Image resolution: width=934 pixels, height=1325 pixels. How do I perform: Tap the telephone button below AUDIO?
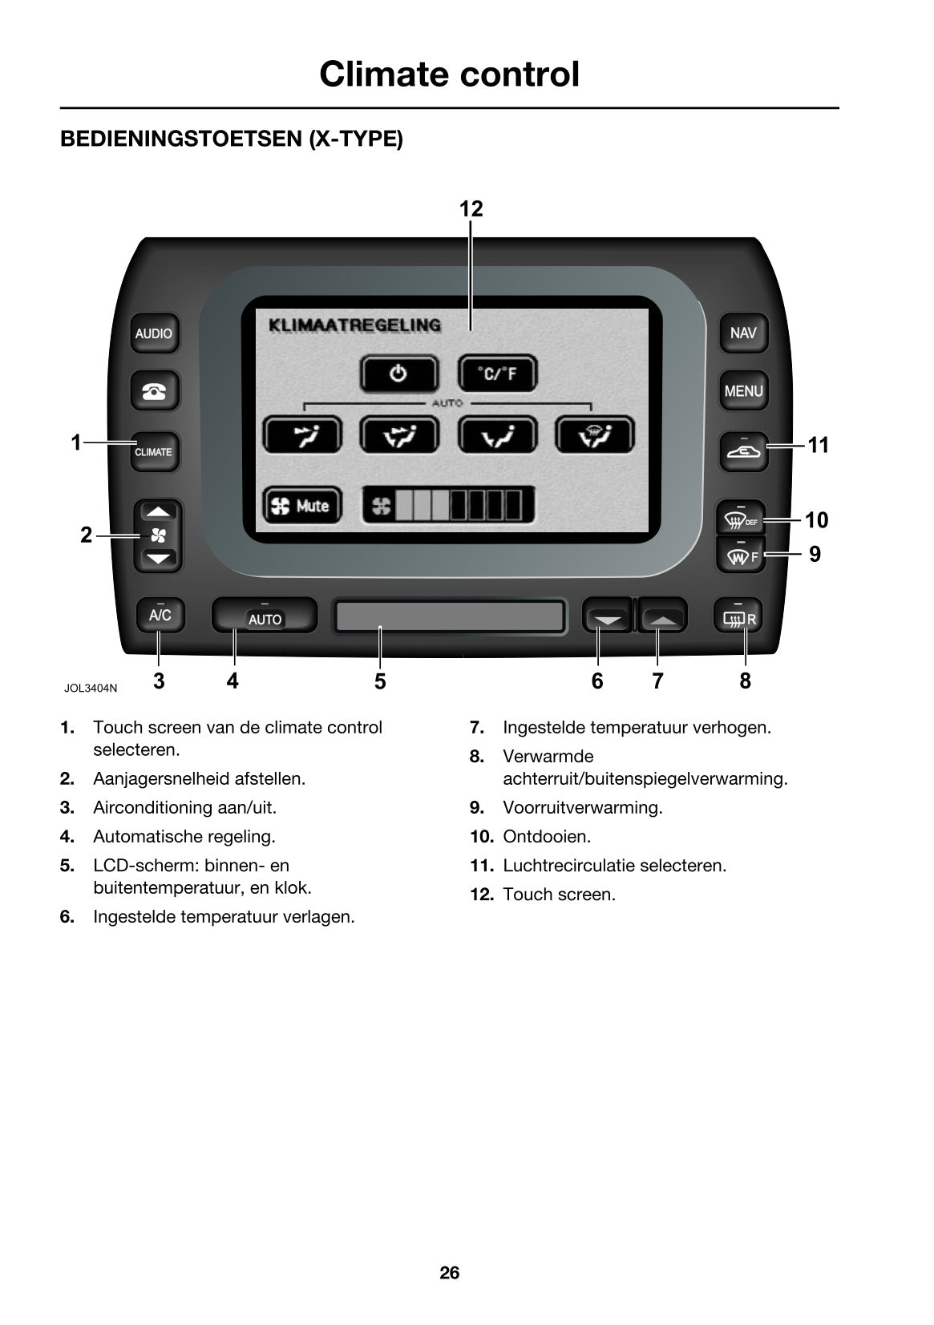point(155,390)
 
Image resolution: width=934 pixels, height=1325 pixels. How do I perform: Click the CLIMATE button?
point(154,451)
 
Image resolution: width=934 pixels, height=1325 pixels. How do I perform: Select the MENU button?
point(743,390)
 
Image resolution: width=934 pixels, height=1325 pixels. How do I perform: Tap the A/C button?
point(160,615)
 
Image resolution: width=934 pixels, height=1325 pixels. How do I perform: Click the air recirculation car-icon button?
point(743,451)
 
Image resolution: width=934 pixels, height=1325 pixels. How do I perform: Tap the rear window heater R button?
point(738,616)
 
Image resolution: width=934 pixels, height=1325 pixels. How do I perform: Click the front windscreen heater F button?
point(741,555)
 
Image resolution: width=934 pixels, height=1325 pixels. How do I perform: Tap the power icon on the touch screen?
point(399,374)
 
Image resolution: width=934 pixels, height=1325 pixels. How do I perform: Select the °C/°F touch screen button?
point(497,374)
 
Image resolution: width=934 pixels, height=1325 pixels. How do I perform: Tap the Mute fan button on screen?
point(302,505)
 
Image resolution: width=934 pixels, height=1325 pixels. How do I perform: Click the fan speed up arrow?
point(158,512)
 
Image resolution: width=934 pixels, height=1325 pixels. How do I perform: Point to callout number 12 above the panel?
point(471,208)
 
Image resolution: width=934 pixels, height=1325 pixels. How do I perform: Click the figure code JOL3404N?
point(91,688)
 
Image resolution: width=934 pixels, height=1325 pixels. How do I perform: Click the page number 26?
point(449,1272)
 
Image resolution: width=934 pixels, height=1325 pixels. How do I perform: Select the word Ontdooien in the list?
point(547,836)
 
